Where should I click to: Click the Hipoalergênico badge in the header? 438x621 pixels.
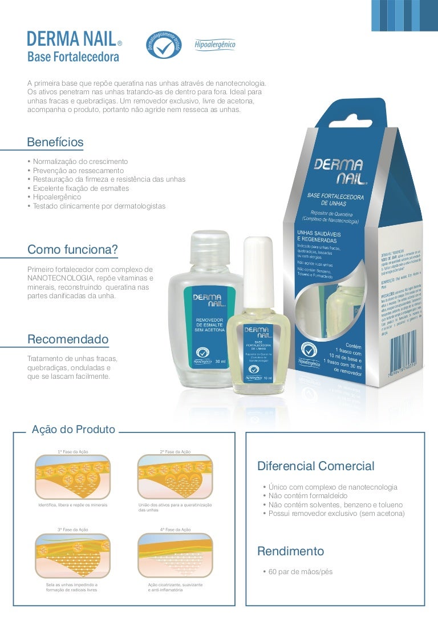(x=215, y=45)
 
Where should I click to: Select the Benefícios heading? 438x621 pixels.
(x=55, y=142)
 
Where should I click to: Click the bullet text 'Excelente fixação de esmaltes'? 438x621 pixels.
(x=81, y=188)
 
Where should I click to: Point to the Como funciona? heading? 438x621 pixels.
(x=72, y=250)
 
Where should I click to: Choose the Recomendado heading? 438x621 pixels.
(x=68, y=339)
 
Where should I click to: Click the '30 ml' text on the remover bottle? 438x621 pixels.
(x=220, y=362)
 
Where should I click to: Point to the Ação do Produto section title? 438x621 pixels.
(x=74, y=430)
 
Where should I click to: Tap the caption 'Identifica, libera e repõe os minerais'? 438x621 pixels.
(x=72, y=506)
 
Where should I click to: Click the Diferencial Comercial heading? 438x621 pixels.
(x=316, y=466)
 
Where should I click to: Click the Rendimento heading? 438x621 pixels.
(x=291, y=551)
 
